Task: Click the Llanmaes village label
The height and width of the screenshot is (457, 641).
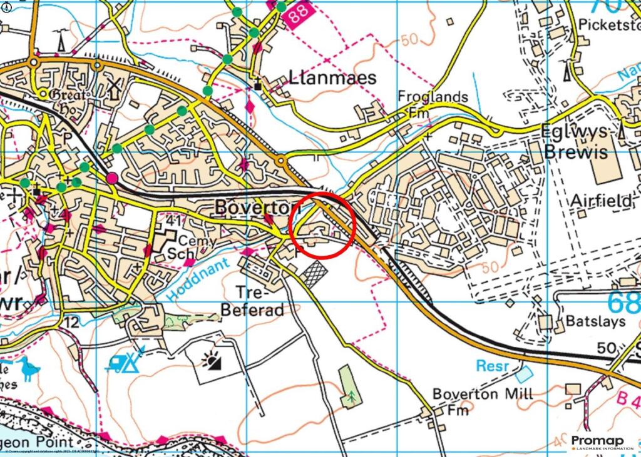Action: coord(332,78)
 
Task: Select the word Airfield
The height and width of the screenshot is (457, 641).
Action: coord(601,201)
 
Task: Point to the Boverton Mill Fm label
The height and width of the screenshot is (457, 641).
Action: coord(483,401)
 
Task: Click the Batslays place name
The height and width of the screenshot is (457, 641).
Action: coord(595,321)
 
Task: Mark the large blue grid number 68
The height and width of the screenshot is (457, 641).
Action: coord(623,303)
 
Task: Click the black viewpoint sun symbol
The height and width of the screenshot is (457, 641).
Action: coord(213,359)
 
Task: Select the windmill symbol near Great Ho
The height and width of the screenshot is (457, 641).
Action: coord(114,89)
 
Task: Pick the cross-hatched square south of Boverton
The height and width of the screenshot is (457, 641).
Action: coord(315,273)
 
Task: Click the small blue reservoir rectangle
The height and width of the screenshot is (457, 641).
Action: coord(524,374)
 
